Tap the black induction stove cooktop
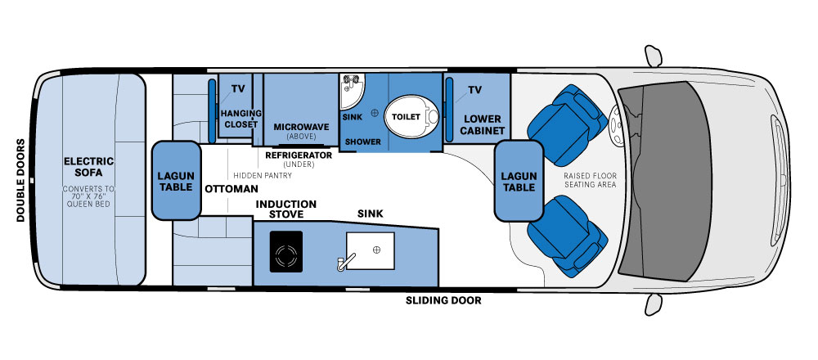tap(286, 251)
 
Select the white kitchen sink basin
tap(370, 250)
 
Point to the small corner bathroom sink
tap(351, 90)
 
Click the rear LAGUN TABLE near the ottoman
tap(177, 181)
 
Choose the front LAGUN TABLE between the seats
tap(519, 181)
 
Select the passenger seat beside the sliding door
tap(568, 236)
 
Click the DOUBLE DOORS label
tap(21, 180)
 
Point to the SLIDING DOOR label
tap(443, 300)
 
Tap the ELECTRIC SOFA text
tap(88, 167)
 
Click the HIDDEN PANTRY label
tap(263, 175)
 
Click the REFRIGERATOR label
tap(299, 155)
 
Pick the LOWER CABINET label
tap(482, 124)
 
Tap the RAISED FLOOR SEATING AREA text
tap(590, 181)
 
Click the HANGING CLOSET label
tap(240, 119)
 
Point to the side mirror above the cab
tap(653, 56)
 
